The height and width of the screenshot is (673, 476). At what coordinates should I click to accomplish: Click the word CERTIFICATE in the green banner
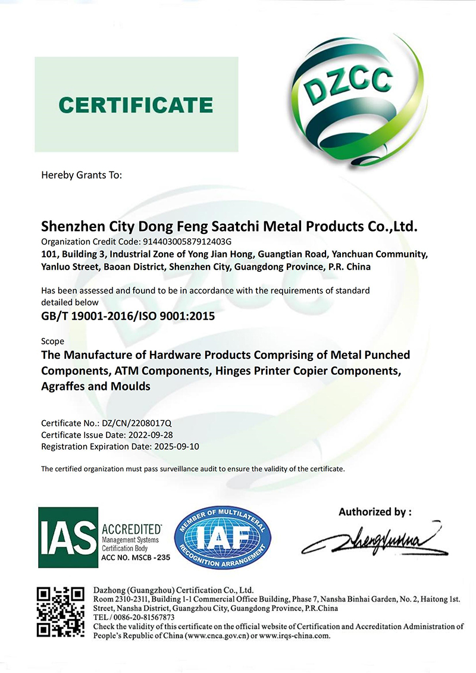point(136,105)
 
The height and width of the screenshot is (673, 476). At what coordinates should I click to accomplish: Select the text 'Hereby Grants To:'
point(81,175)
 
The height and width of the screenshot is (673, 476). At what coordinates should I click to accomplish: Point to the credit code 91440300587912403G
point(184,242)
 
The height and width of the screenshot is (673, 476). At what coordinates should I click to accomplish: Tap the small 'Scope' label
point(52,342)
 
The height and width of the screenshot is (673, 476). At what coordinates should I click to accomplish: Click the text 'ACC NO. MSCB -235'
point(136,558)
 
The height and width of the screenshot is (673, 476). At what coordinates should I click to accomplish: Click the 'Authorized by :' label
point(375,511)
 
